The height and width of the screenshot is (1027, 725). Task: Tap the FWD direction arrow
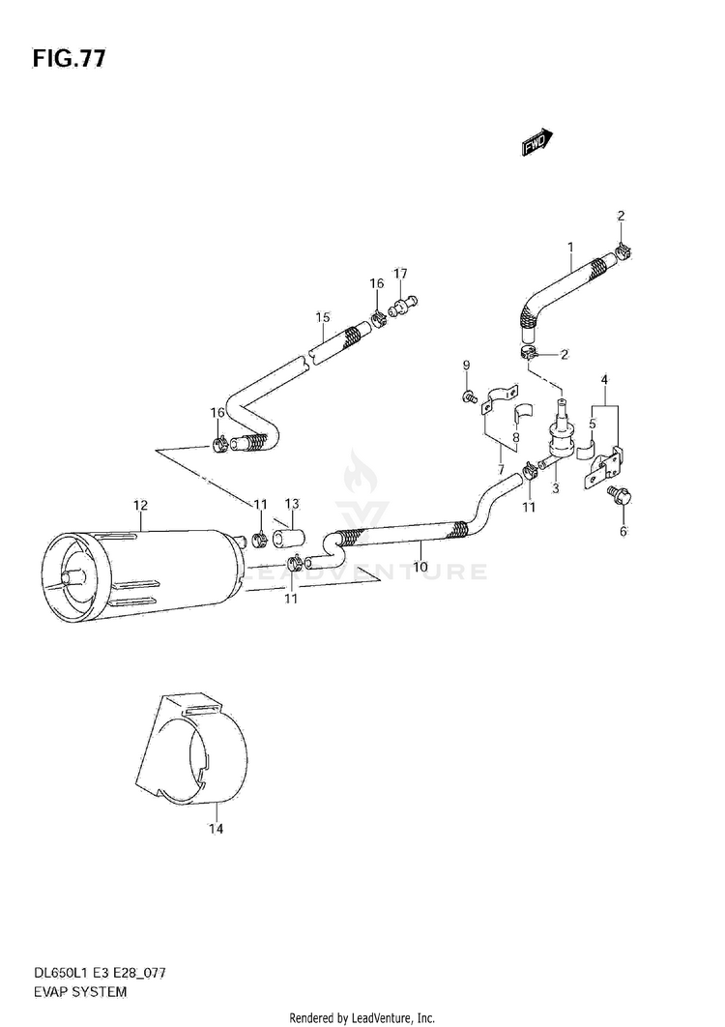[537, 142]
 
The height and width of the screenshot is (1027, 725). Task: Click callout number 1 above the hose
[570, 247]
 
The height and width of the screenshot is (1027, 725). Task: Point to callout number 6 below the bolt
[623, 530]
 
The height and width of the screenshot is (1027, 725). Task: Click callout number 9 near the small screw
[466, 365]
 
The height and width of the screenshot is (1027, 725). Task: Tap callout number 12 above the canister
[140, 505]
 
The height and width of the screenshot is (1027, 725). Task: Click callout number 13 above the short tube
[292, 504]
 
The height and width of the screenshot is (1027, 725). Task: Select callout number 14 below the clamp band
[216, 829]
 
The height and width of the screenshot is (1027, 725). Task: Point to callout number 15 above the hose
[323, 317]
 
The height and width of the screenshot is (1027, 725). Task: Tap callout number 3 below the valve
[556, 488]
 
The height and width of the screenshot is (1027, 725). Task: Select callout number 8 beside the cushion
[515, 437]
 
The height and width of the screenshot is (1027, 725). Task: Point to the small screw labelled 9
[470, 396]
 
